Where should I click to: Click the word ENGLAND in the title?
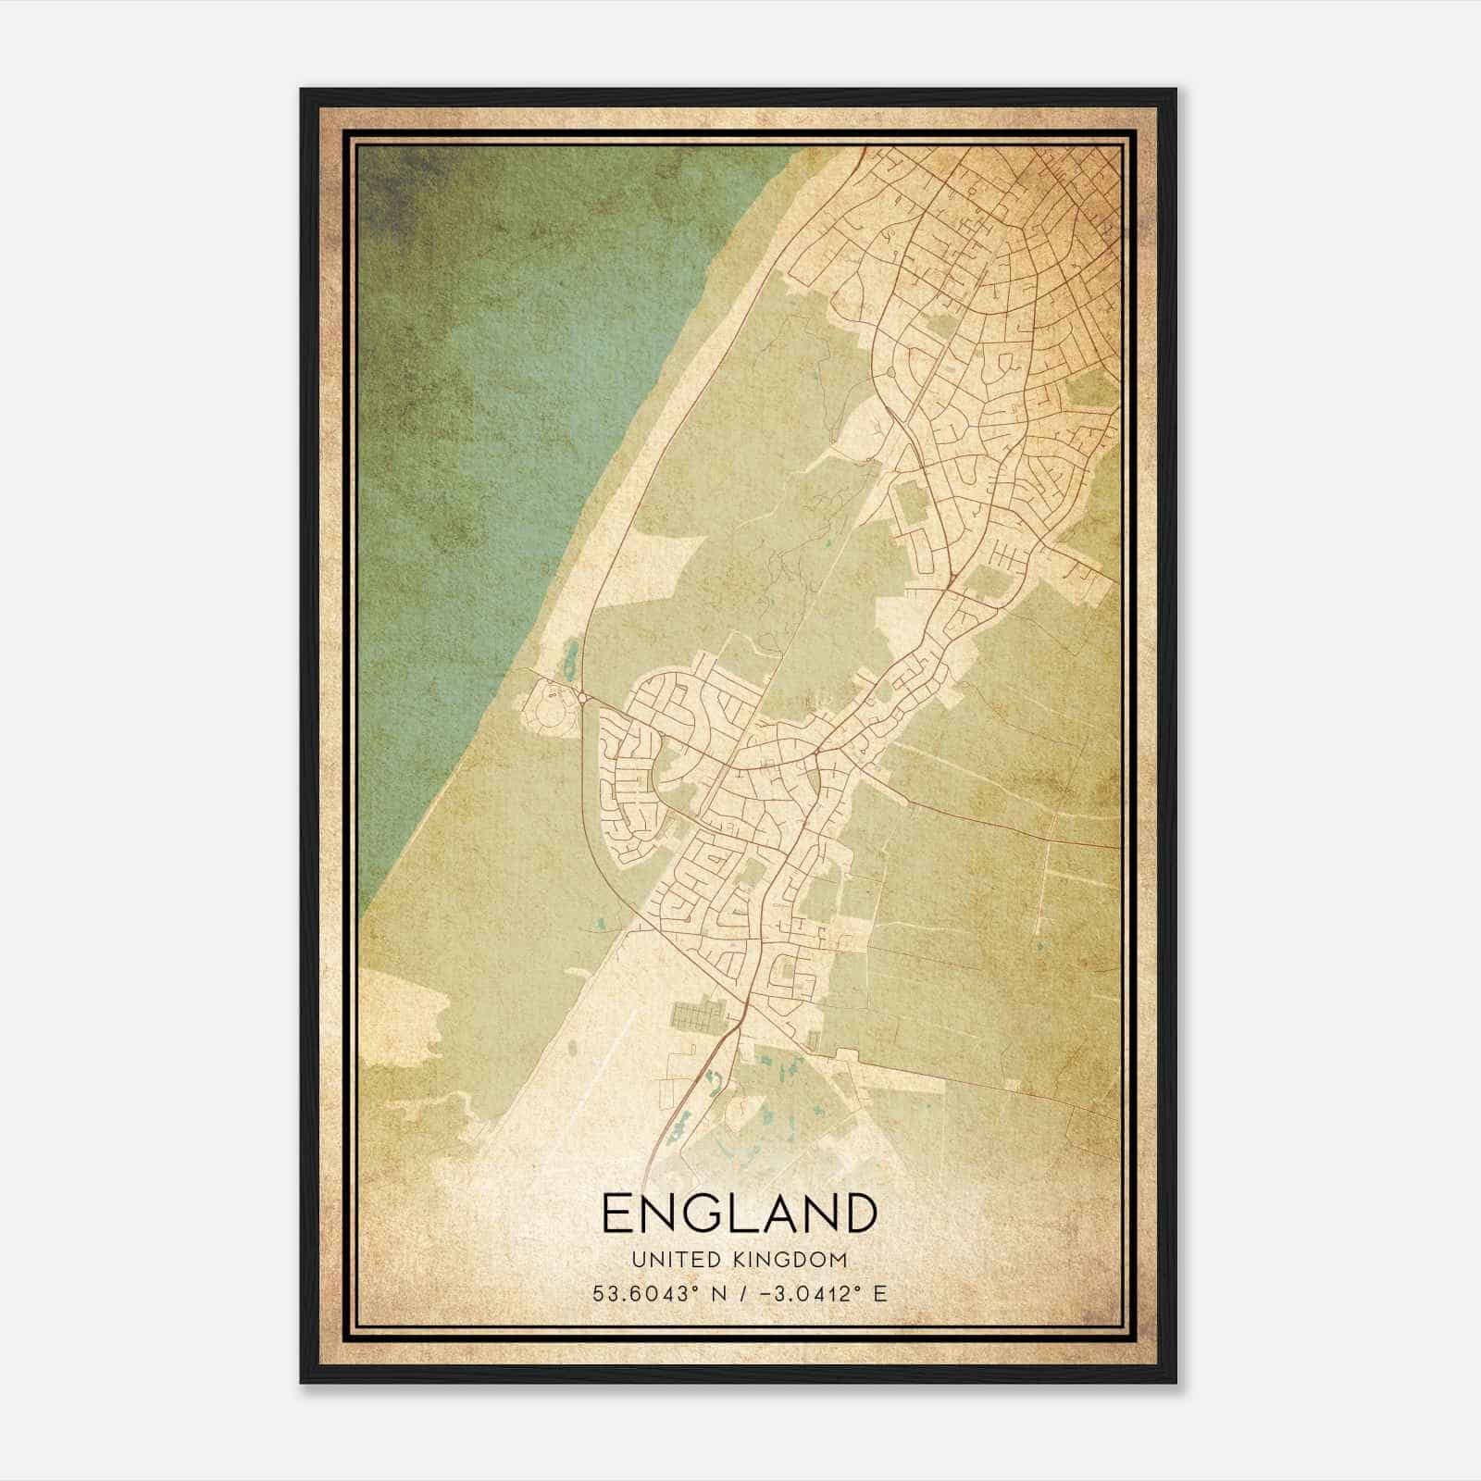tap(739, 1213)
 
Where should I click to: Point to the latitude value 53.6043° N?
tap(658, 1293)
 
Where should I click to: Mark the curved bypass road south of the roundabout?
tap(592, 815)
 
